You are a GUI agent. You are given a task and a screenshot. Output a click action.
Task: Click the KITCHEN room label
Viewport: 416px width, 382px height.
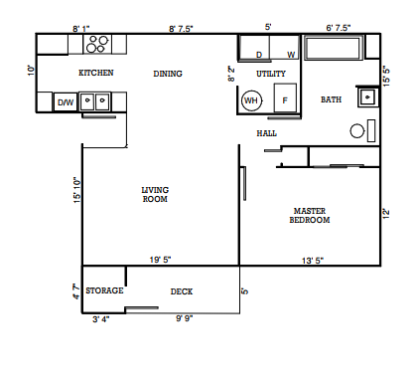pyautogui.click(x=96, y=73)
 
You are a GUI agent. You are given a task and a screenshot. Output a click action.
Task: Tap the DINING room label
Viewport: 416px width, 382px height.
pyautogui.click(x=168, y=73)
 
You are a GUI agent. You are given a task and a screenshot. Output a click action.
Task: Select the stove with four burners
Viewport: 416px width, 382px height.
pyautogui.click(x=97, y=44)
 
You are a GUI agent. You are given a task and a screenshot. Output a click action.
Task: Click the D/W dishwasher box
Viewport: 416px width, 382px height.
pyautogui.click(x=65, y=101)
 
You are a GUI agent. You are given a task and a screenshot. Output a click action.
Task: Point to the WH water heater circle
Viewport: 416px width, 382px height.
pyautogui.click(x=251, y=99)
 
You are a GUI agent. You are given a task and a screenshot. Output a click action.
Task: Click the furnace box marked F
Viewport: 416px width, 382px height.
pyautogui.click(x=285, y=99)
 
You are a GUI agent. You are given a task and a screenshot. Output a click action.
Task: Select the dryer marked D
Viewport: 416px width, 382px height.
pyautogui.click(x=260, y=54)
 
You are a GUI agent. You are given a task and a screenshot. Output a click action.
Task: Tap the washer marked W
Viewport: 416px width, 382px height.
pyautogui.click(x=291, y=54)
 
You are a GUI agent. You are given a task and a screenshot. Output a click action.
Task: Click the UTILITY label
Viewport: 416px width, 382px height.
pyautogui.click(x=271, y=74)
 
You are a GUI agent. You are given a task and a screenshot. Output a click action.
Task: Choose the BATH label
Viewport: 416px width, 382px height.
pyautogui.click(x=330, y=99)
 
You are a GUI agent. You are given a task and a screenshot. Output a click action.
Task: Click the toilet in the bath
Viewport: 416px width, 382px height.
pyautogui.click(x=361, y=130)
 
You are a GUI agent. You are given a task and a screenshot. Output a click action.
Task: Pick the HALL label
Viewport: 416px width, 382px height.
pyautogui.click(x=266, y=132)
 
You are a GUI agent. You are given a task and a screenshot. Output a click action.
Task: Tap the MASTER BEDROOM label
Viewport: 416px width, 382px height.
pyautogui.click(x=310, y=215)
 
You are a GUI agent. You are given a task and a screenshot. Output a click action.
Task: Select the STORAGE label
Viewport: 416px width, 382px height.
pyautogui.click(x=103, y=290)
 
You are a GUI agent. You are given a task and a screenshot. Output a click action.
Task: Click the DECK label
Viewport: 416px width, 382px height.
pyautogui.click(x=181, y=290)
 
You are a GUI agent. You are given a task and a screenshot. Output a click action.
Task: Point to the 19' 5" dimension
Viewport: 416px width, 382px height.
pyautogui.click(x=161, y=260)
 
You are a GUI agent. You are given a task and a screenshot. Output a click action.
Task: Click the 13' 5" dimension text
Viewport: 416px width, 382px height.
pyautogui.click(x=313, y=260)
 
